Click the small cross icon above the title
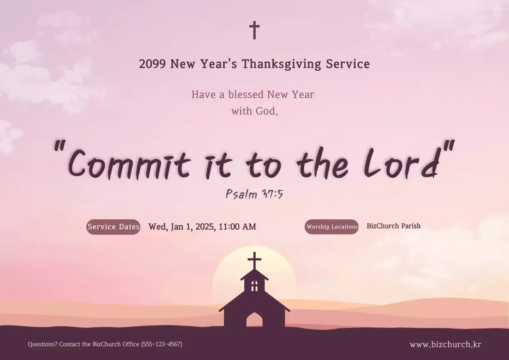[254, 30]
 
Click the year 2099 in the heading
[152, 64]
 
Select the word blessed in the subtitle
[246, 95]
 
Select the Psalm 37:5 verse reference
[254, 194]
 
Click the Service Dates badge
[113, 227]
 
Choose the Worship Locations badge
[332, 227]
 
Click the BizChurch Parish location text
[393, 226]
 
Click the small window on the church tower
[254, 285]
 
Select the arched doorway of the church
[254, 319]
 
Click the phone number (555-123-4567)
[161, 344]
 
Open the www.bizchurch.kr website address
[445, 345]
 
